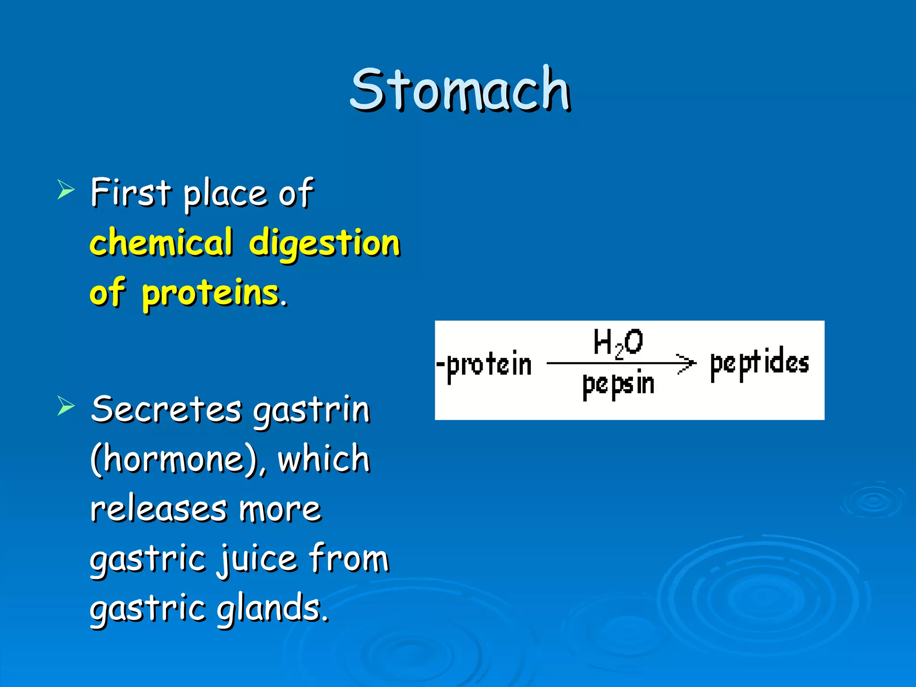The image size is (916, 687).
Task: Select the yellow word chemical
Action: coord(161,242)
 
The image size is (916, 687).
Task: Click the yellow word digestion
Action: coord(324,244)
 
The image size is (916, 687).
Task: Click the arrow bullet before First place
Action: coord(66,190)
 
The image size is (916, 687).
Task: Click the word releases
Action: coord(158,509)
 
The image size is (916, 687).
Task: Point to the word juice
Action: coord(257,559)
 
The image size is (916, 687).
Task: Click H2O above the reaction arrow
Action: coord(618,342)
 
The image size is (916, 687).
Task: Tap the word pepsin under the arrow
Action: coord(618,385)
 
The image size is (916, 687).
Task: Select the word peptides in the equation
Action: coord(759,363)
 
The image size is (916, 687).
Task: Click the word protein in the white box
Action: coord(488,365)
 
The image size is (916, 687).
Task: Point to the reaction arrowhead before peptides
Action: coord(686,363)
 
